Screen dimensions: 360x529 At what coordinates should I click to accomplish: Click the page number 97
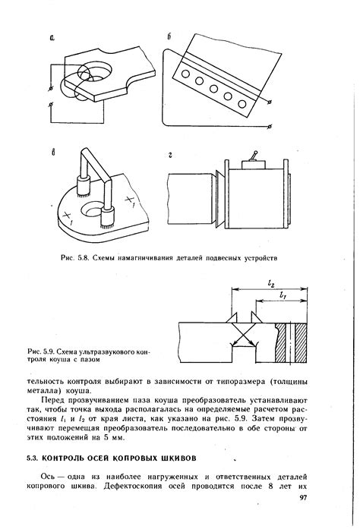click(303, 498)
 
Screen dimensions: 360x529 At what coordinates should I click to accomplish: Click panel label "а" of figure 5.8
click(52, 39)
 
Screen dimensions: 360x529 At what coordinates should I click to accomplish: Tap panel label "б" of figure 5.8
click(169, 36)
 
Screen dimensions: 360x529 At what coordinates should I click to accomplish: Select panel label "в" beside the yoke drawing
click(53, 153)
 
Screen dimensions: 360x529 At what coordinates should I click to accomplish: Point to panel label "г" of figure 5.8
click(170, 155)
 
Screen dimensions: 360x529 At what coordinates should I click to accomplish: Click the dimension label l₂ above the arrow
click(271, 284)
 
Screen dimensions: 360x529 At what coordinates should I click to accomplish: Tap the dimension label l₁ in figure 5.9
click(283, 295)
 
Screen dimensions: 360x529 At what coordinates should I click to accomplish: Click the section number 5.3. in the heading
click(33, 458)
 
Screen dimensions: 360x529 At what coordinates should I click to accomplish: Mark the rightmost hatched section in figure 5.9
click(302, 343)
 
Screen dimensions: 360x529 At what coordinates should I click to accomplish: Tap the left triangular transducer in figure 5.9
click(232, 317)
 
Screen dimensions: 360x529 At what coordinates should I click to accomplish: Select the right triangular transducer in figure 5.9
click(256, 317)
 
